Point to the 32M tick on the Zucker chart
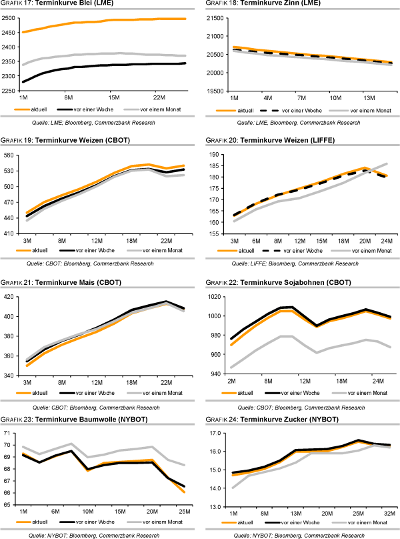387,514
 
